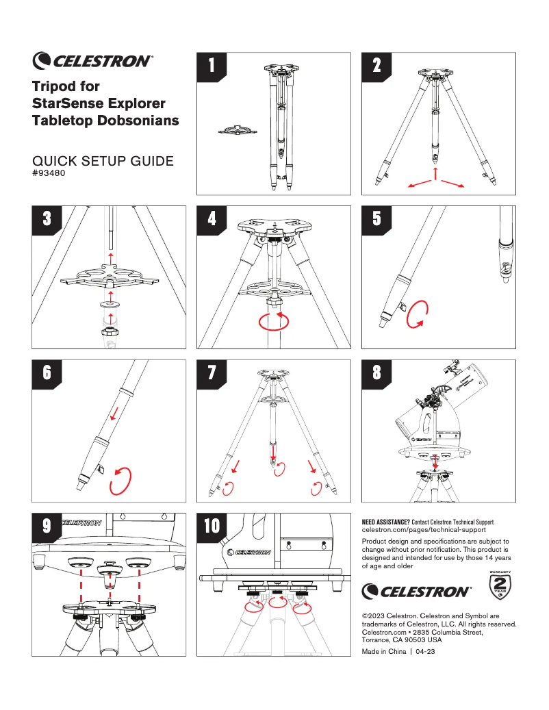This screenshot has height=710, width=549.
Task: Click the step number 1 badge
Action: (212, 65)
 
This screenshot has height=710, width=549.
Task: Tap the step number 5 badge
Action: (376, 218)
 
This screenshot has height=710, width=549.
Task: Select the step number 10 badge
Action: (212, 526)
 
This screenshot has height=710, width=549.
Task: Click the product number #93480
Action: (49, 173)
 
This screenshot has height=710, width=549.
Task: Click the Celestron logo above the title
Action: (92, 60)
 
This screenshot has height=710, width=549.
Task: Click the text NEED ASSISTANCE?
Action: (385, 522)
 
